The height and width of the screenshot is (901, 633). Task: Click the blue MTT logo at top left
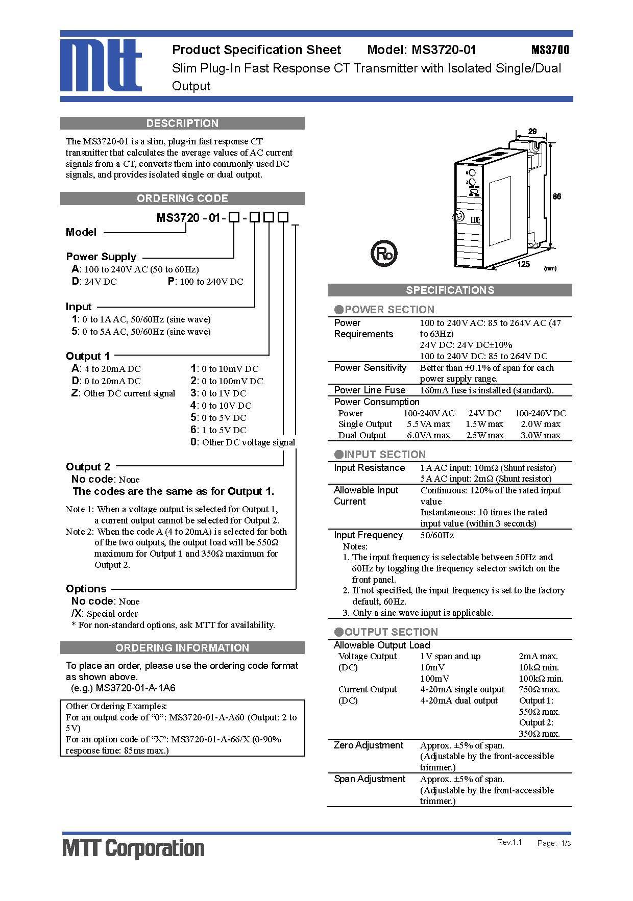pos(101,65)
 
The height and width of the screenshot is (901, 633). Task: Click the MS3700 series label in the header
pos(550,50)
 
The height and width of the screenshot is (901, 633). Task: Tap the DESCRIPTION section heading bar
pos(182,123)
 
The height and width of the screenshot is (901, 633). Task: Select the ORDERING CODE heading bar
pos(182,198)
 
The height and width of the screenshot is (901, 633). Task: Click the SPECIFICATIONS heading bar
pos(450,290)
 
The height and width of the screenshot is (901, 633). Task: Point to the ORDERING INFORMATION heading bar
pos(182,648)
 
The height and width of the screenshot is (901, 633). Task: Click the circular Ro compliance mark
pos(383,254)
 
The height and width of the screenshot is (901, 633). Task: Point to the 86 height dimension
pos(557,196)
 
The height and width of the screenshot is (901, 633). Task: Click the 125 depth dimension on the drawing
pos(523,264)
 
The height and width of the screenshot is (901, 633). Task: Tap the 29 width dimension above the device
pos(532,132)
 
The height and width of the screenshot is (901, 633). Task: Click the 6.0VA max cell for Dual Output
pos(428,435)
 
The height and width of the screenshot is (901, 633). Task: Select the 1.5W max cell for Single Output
pos(484,424)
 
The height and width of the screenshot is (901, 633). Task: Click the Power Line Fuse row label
pos(370,390)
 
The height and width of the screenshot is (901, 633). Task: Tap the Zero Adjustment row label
pos(369,745)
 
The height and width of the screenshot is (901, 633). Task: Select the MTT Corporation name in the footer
pos(133,848)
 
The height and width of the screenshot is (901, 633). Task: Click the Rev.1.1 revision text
pos(509,842)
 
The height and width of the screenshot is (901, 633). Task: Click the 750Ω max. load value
pos(539,690)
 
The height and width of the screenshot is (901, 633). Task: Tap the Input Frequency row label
pos(368,535)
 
